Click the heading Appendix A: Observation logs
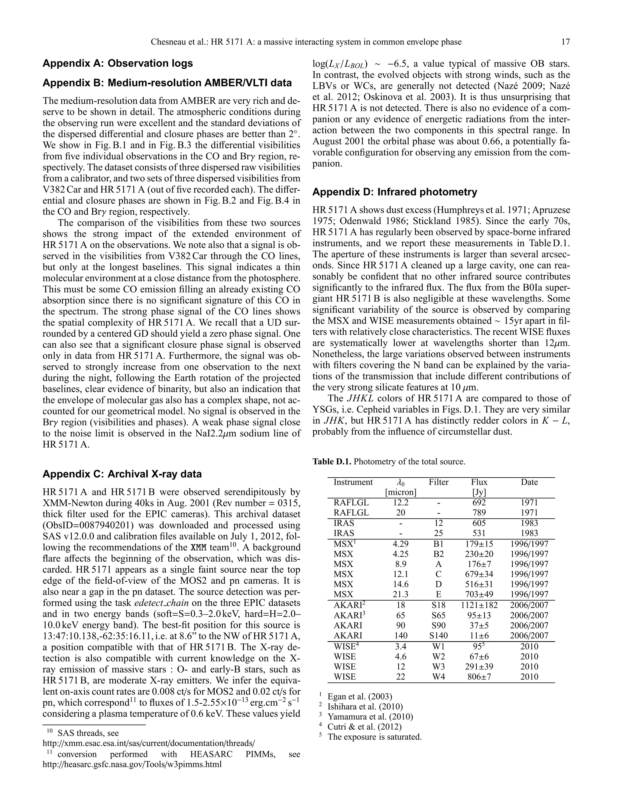[x=118, y=63]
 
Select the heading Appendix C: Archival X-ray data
[x=122, y=474]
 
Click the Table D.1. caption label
[x=332, y=461]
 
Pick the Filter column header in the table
[x=439, y=482]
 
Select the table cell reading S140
[x=439, y=636]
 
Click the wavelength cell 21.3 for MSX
[x=400, y=595]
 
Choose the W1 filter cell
[x=439, y=647]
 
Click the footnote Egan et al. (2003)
[x=360, y=696]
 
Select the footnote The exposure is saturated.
[x=374, y=737]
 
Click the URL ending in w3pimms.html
[x=132, y=764]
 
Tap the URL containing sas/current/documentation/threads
[x=148, y=744]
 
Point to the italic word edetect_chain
[x=162, y=603]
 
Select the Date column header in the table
[x=529, y=482]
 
